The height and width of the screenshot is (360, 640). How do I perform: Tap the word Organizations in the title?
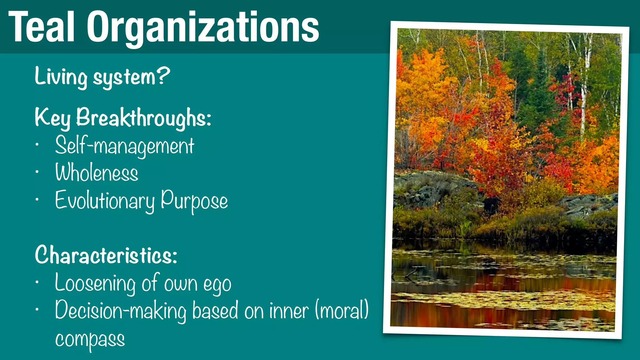(203, 27)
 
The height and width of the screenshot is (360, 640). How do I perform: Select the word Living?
(61, 77)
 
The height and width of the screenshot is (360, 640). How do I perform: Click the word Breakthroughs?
(144, 118)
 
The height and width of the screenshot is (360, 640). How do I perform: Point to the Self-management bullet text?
(124, 146)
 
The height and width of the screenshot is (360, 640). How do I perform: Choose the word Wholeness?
(97, 173)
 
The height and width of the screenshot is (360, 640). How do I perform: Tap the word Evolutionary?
(105, 201)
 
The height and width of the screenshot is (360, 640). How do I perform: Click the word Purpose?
(194, 201)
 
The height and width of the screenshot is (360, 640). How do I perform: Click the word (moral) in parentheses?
(342, 310)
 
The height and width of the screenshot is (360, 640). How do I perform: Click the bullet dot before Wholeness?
(37, 172)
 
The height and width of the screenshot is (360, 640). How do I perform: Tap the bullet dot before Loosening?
(37, 282)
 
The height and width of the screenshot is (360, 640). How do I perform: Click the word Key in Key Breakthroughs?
(52, 118)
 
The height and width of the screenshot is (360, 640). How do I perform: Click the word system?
(124, 77)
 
